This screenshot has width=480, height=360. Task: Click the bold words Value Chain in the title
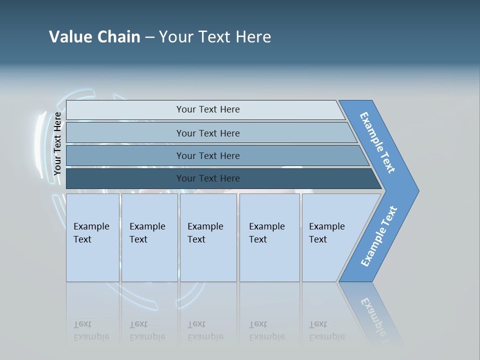pyautogui.click(x=94, y=36)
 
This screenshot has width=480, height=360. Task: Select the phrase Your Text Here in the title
pyautogui.click(x=215, y=36)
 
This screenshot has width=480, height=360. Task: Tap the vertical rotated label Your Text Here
pyautogui.click(x=57, y=143)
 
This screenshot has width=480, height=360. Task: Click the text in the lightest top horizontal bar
pyautogui.click(x=208, y=109)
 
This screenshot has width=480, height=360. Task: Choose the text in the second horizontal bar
pyautogui.click(x=208, y=133)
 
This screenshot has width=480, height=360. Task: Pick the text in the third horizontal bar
pyautogui.click(x=208, y=155)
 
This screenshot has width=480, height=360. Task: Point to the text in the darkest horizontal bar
pyautogui.click(x=208, y=178)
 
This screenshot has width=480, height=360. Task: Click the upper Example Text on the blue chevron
pyautogui.click(x=377, y=142)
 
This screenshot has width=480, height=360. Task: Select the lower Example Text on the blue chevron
pyautogui.click(x=379, y=236)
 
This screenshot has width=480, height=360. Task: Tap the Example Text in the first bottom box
pyautogui.click(x=91, y=232)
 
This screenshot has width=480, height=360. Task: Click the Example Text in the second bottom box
pyautogui.click(x=147, y=232)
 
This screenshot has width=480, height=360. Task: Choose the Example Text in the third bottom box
pyautogui.click(x=205, y=232)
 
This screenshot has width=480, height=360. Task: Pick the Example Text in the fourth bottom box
pyautogui.click(x=266, y=232)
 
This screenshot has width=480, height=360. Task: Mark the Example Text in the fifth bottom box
pyautogui.click(x=326, y=232)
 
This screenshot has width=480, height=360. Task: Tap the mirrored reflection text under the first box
pyautogui.click(x=91, y=330)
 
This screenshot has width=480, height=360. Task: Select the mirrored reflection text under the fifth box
pyautogui.click(x=326, y=330)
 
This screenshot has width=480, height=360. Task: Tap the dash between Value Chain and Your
pyautogui.click(x=149, y=37)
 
